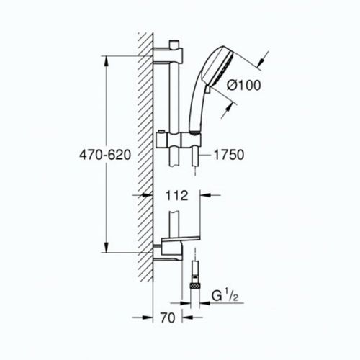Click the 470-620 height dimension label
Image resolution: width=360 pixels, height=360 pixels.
point(107,154)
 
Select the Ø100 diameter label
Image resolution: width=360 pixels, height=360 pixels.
point(242,84)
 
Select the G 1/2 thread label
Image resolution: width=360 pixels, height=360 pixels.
point(229,294)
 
